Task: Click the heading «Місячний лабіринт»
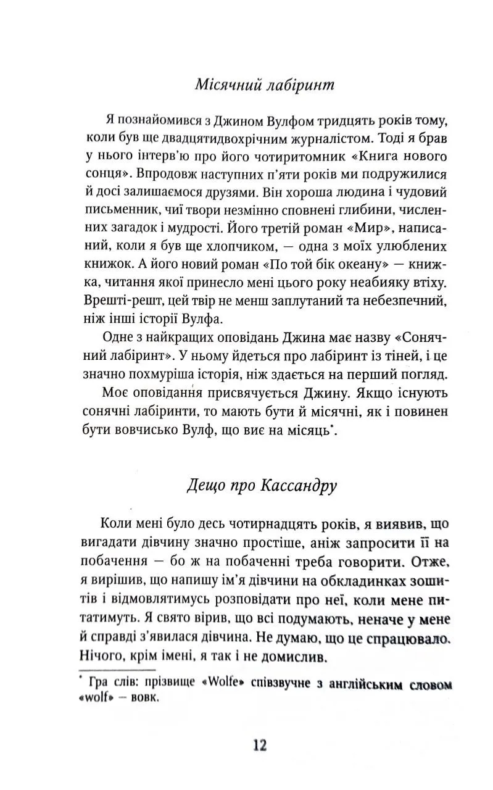click(x=264, y=85)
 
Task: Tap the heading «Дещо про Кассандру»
click(x=262, y=486)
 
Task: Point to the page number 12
click(x=260, y=746)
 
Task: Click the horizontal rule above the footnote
click(x=118, y=670)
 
